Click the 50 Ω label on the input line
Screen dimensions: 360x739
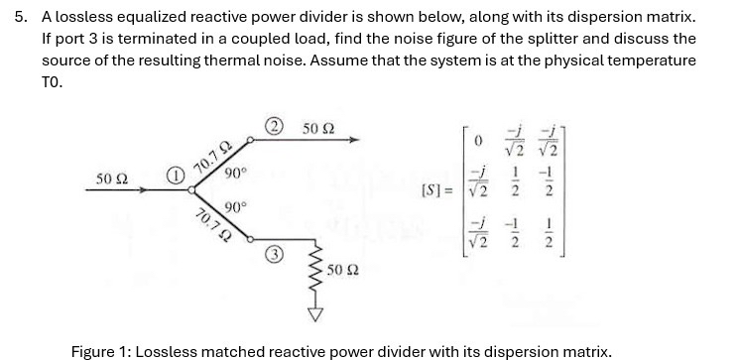click(x=111, y=177)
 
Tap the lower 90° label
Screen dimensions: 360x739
click(x=235, y=207)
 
